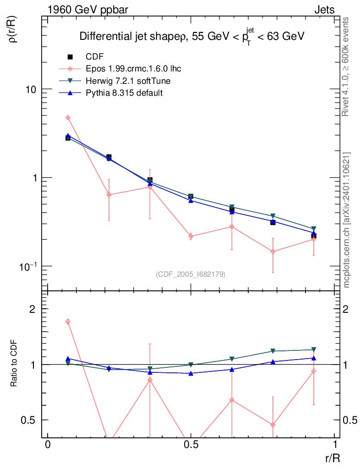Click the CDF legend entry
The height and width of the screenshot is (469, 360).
94,57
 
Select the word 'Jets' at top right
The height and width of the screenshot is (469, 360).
324,10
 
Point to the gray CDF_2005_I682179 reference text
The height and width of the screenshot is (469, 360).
191,274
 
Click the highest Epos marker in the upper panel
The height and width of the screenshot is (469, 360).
68,118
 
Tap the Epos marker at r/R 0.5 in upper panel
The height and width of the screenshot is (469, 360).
191,236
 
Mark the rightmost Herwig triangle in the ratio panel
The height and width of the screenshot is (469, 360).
314,349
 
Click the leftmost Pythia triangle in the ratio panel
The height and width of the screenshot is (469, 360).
68,359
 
